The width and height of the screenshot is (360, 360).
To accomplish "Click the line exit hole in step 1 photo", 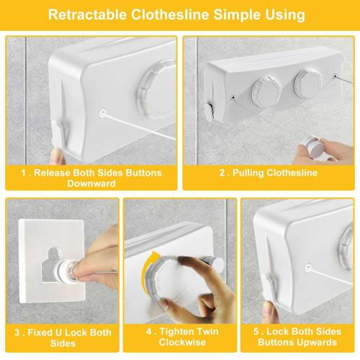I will [x=104, y=114].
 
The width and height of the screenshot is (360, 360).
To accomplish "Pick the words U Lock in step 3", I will [x=72, y=333].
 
